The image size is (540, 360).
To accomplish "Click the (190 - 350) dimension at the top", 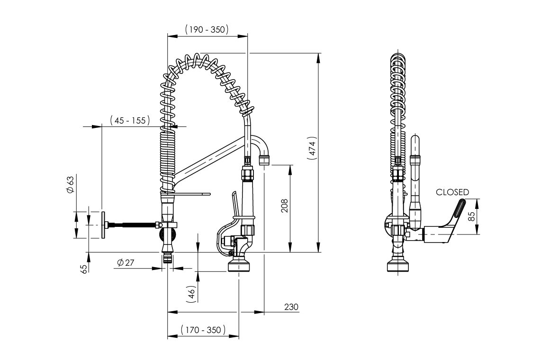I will pyautogui.click(x=207, y=29).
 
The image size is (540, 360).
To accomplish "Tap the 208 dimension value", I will pyautogui.click(x=284, y=206).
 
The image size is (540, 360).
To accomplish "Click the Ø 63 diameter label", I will pyautogui.click(x=71, y=185).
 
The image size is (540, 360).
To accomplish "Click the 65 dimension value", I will pyautogui.click(x=84, y=269).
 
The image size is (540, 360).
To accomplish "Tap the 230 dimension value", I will pyautogui.click(x=291, y=307).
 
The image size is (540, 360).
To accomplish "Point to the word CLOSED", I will pyautogui.click(x=452, y=192).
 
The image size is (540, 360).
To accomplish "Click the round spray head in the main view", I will pyautogui.click(x=239, y=265).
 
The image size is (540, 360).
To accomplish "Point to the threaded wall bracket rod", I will pyautogui.click(x=133, y=224).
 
